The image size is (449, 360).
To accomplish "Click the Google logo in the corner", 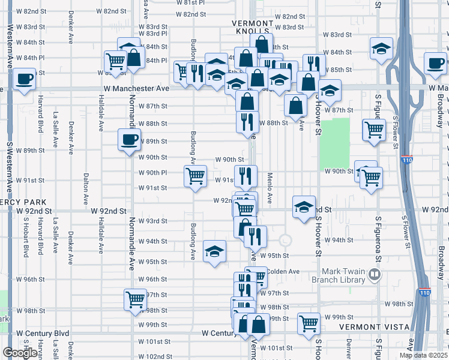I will pos(19,352).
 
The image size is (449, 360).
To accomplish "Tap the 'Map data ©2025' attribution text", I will pos(422,355).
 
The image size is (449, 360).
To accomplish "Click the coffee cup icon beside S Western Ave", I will pos(24,79).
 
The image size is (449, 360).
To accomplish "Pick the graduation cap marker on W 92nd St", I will pos(304,207).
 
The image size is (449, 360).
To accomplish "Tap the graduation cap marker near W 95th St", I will pos(214,251).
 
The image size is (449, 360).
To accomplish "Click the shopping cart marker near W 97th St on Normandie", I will pos(135,299).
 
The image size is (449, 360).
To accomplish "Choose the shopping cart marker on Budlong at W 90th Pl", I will pos(195,176).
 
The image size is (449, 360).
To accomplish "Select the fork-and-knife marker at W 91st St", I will pos(246,176).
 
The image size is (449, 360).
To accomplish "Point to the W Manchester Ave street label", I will pos(142,88).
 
